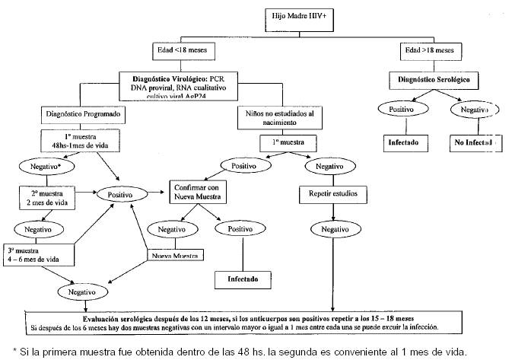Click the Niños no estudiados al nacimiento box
click(x=275, y=118)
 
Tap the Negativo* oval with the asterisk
click(x=47, y=165)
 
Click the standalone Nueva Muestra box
click(x=176, y=255)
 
